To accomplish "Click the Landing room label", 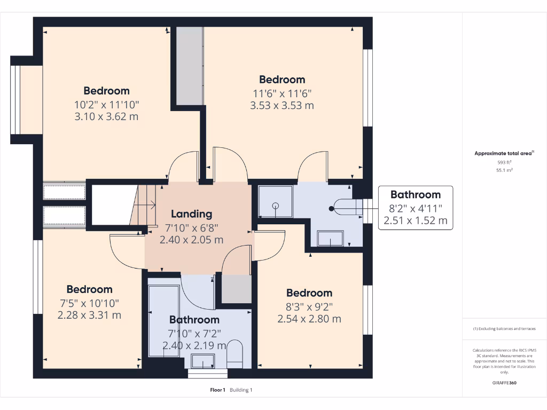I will tap(191, 214).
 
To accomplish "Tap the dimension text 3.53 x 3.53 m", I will tap(282, 105).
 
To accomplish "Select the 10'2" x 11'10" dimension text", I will tap(106, 104).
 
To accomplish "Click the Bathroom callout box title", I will tap(415, 195).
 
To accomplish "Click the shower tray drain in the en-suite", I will tap(276, 206).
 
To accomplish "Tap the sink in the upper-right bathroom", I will tap(331, 239).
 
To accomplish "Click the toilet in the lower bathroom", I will tap(235, 354).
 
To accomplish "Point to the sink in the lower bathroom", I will tap(202, 362).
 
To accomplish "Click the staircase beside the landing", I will tap(143, 206).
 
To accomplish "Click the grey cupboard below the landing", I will tap(236, 289).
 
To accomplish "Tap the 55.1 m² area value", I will tap(505, 170).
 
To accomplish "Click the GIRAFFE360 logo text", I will tap(505, 383).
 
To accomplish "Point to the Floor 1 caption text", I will tap(217, 390).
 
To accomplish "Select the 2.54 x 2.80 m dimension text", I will tap(309, 319).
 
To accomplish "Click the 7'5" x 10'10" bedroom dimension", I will tap(89, 303).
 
